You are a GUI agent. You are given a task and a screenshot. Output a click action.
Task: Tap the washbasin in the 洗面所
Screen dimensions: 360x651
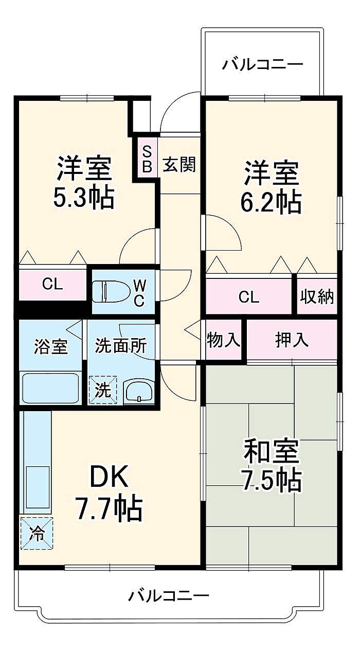click(139, 392)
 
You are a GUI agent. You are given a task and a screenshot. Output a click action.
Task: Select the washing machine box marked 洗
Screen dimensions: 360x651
click(103, 390)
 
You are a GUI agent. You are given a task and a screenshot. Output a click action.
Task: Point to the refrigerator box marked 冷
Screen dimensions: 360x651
click(37, 533)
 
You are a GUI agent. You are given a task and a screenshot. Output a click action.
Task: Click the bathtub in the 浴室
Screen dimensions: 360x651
click(50, 389)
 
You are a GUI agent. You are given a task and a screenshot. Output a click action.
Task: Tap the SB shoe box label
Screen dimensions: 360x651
click(147, 159)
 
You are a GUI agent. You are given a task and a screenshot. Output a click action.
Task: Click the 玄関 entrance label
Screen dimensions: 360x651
click(179, 165)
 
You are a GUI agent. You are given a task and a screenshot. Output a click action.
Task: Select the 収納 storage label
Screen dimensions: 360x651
click(317, 297)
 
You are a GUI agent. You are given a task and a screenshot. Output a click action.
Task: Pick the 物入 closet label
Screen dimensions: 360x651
click(223, 340)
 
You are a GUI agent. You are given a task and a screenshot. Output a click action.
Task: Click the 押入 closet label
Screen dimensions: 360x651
click(292, 340)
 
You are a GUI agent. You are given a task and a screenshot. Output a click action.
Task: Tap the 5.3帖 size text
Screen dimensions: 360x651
click(83, 198)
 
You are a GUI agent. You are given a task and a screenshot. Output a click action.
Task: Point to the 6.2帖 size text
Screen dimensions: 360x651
click(271, 202)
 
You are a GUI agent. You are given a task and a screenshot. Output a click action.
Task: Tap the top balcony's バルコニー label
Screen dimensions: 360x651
click(262, 64)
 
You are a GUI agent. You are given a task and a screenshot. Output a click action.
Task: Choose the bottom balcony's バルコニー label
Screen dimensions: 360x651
click(169, 596)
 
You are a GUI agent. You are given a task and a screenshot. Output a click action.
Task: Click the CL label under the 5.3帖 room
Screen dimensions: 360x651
click(52, 284)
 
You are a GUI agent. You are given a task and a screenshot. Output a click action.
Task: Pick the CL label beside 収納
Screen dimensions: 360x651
click(249, 297)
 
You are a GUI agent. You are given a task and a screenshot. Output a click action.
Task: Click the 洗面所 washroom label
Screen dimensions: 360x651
click(121, 345)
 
